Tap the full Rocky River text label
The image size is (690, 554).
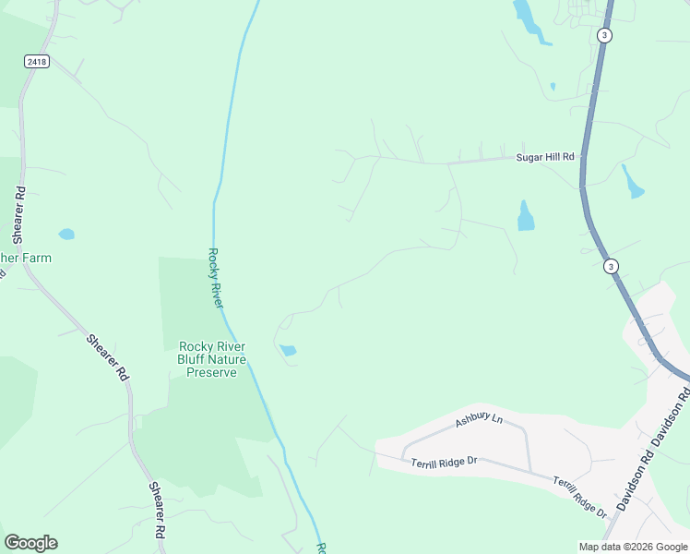click(215, 277)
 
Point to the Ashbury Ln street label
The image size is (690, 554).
click(480, 421)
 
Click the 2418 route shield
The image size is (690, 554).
click(36, 61)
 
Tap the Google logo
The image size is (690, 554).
click(30, 543)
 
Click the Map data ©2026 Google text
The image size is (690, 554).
click(633, 547)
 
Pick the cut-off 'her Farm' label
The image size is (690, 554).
click(26, 258)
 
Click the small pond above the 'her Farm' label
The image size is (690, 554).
click(66, 235)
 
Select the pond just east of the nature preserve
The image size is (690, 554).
click(289, 351)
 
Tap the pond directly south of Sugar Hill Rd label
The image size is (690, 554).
click(526, 217)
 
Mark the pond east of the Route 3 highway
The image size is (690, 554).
click(632, 183)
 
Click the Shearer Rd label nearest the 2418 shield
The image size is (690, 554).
click(19, 209)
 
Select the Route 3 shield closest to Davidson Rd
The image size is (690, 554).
click(610, 266)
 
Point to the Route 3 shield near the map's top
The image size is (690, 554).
click(604, 35)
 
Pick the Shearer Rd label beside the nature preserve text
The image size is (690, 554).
click(108, 357)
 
